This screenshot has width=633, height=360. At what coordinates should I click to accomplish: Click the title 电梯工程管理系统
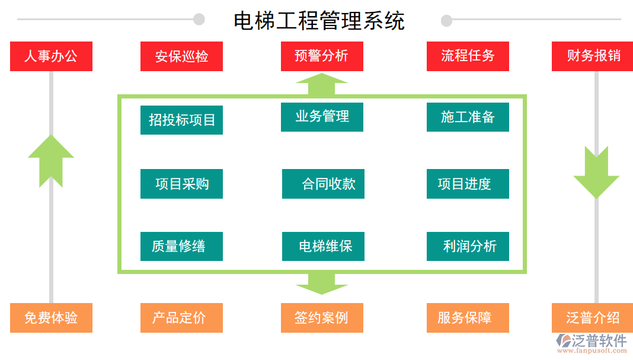click(319, 21)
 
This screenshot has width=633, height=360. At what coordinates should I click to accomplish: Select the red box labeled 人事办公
click(51, 56)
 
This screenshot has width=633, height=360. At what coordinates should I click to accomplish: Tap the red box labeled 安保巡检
click(181, 56)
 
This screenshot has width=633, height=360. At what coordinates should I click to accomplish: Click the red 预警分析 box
click(322, 56)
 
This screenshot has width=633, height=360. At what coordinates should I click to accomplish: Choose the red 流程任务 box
click(468, 56)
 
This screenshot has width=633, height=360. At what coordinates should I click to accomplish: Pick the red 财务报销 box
click(593, 56)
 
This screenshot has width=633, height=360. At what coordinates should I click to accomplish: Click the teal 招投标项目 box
click(181, 120)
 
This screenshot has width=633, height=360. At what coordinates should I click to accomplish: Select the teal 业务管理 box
click(322, 117)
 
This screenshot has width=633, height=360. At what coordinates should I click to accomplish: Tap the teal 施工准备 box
click(468, 117)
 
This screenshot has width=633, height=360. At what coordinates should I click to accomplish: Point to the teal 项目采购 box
click(181, 184)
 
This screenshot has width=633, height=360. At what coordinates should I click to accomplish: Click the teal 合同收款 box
click(323, 184)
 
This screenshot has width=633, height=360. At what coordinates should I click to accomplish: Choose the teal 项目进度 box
click(468, 184)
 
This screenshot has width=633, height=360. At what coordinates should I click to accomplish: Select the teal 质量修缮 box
click(181, 246)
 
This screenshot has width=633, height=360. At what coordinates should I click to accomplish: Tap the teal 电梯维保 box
click(323, 246)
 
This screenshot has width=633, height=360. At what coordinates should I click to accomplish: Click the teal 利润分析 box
click(468, 246)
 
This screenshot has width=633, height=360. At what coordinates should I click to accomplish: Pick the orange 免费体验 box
click(51, 318)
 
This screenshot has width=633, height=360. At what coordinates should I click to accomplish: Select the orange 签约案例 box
click(322, 318)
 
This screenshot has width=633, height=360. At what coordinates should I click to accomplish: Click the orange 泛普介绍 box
click(593, 318)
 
